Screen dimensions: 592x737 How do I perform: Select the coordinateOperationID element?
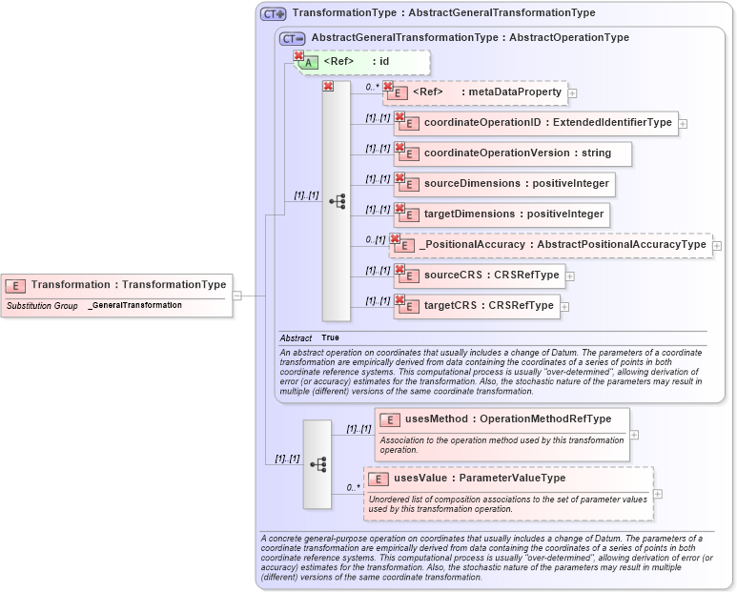point(535,123)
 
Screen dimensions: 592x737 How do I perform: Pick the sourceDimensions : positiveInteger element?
point(502,184)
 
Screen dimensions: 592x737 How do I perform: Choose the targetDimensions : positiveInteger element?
point(502,214)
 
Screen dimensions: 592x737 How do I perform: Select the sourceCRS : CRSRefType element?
point(479,276)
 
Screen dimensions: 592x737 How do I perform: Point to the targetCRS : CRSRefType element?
point(476,306)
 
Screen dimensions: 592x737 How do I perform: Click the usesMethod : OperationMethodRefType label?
point(502,419)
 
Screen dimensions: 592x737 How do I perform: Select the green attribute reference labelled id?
point(363,62)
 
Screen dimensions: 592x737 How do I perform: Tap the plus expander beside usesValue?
point(657,494)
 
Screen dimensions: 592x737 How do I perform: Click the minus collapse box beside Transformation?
point(237,296)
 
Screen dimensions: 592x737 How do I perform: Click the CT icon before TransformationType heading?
point(274,13)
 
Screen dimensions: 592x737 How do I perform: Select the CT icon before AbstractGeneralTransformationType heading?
point(293,38)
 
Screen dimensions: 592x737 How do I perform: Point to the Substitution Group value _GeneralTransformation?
point(134,305)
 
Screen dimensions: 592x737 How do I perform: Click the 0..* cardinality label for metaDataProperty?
point(373,87)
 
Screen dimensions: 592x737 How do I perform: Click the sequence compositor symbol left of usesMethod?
point(317,464)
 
